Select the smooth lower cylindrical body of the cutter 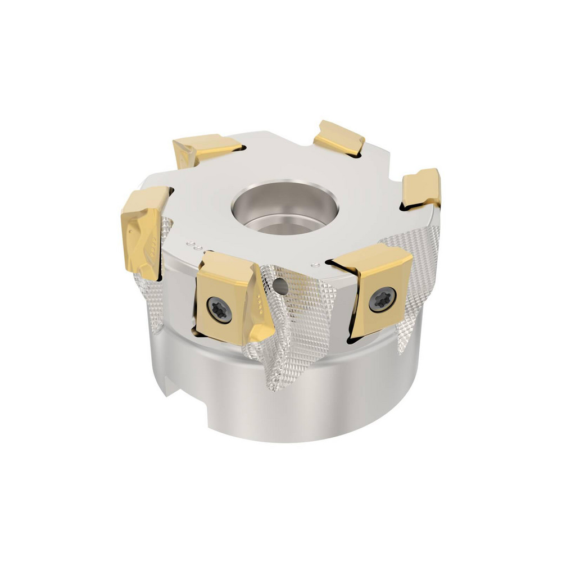point(315,405)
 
